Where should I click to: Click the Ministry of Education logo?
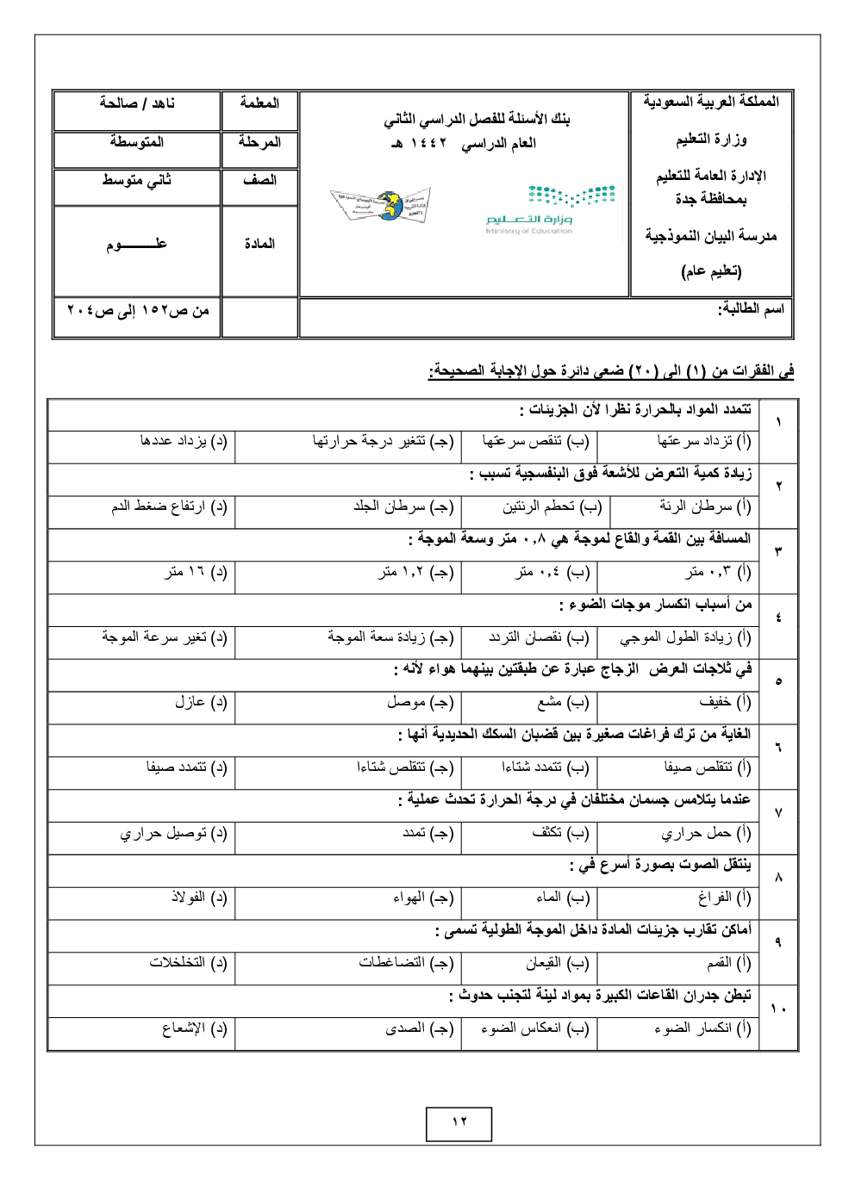[x=551, y=208]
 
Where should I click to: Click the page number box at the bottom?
[x=459, y=1123]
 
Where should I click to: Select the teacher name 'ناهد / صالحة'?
[x=137, y=103]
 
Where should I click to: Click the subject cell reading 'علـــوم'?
[x=137, y=245]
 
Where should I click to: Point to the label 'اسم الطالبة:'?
[x=751, y=308]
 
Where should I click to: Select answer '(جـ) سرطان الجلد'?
[x=403, y=506]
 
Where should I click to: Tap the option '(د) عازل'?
[x=200, y=702]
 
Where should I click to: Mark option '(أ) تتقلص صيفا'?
[x=707, y=767]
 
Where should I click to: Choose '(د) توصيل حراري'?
[x=173, y=833]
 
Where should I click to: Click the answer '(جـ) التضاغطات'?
[x=406, y=963]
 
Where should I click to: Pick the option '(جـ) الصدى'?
[x=419, y=1028]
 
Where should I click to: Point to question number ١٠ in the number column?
[x=778, y=1009]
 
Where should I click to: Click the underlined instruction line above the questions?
[x=611, y=371]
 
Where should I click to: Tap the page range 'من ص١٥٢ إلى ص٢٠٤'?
[x=138, y=310]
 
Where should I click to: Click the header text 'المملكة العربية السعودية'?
[x=711, y=102]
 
